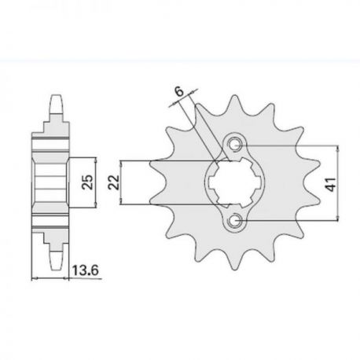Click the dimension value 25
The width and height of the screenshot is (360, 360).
(87, 182)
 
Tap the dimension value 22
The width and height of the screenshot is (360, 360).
(114, 182)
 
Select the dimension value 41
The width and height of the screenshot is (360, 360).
(332, 184)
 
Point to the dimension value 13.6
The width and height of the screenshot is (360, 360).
(86, 270)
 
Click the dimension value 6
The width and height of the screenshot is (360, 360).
(179, 91)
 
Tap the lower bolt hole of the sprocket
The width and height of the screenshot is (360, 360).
(233, 221)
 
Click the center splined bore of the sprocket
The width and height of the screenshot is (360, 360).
(234, 182)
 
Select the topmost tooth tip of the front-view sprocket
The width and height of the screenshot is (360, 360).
(234, 96)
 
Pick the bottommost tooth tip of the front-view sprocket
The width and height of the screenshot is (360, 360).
(234, 269)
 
